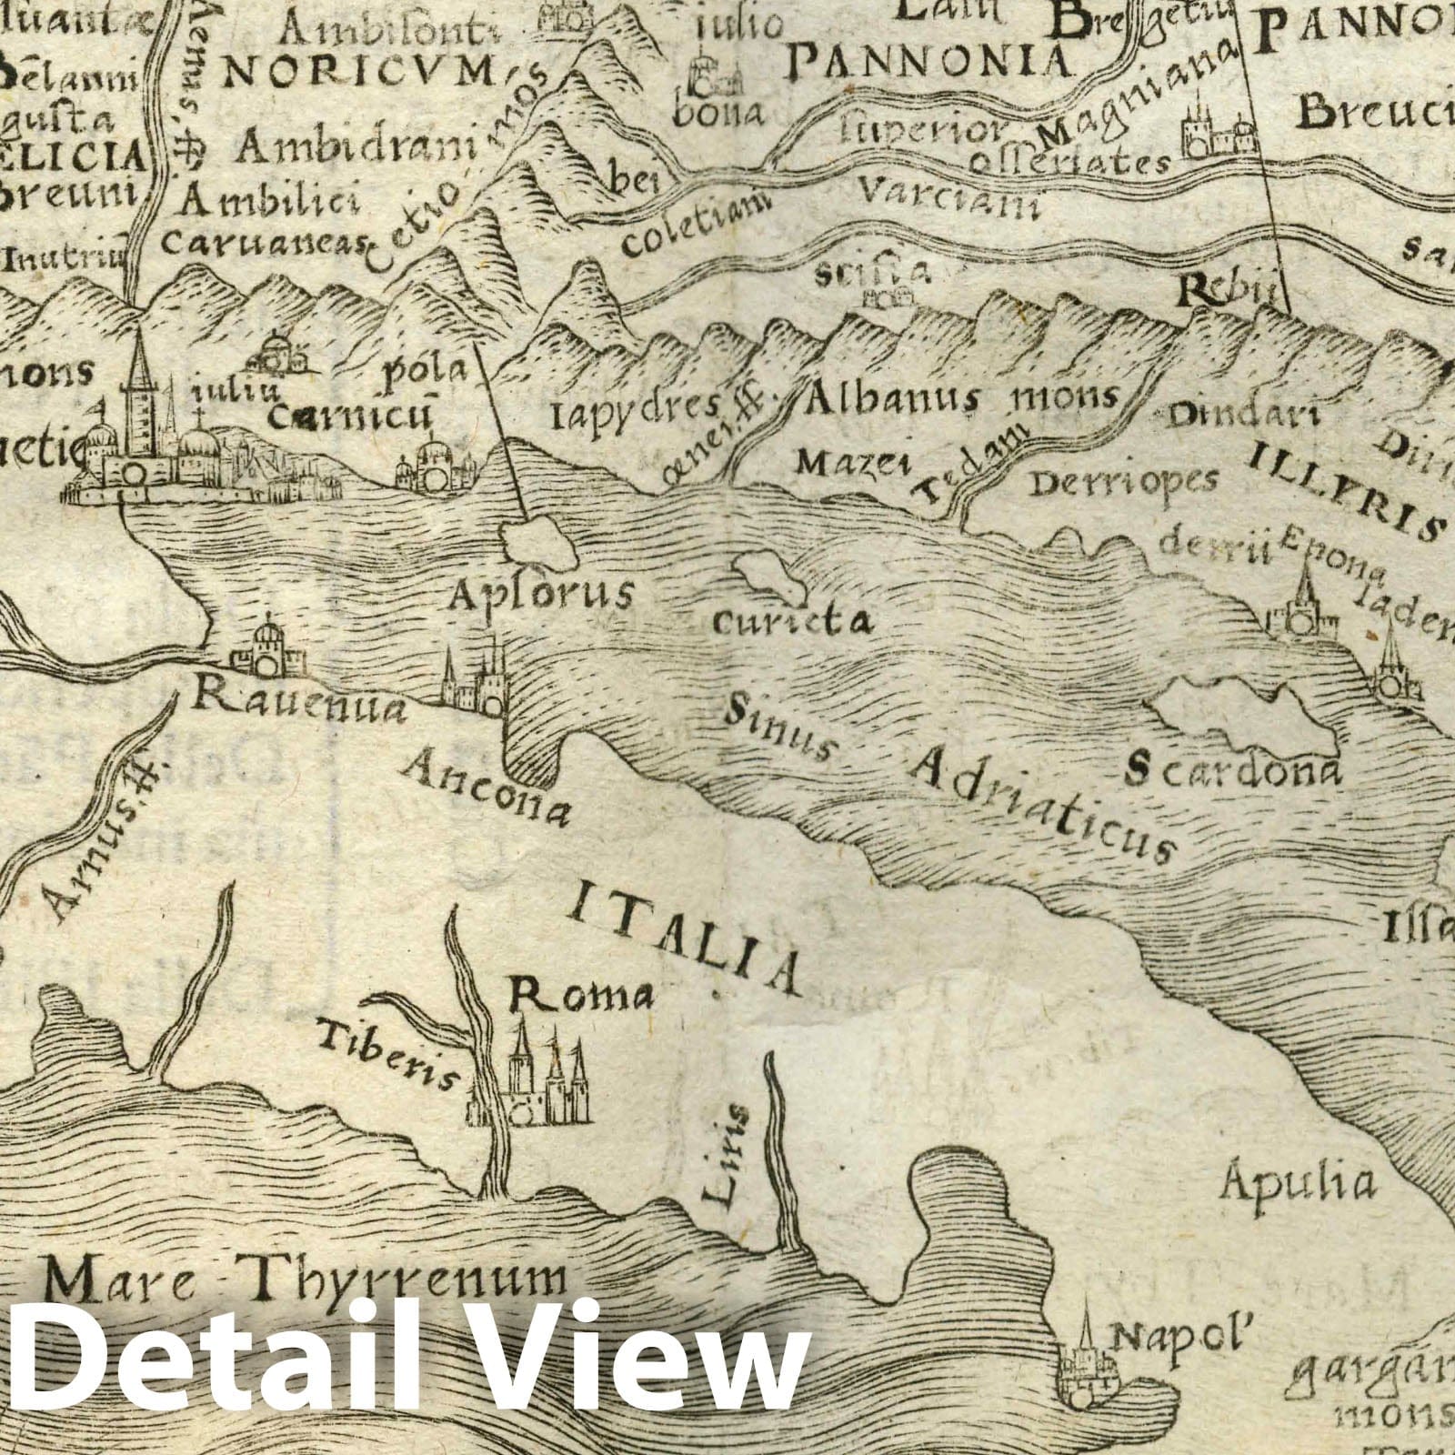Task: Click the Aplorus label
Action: [542, 594]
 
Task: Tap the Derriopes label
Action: [1123, 483]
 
